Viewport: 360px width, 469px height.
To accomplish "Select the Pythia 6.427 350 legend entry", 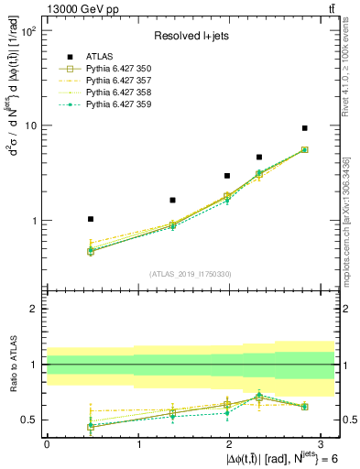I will [114, 69].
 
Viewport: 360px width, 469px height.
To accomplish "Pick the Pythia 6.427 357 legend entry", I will [114, 81].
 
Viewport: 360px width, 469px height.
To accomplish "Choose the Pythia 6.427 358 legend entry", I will [114, 93].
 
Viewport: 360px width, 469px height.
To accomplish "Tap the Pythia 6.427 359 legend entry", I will [114, 104].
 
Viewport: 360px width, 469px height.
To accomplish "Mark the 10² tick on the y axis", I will [27, 31].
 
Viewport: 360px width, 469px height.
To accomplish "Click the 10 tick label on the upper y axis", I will [29, 125].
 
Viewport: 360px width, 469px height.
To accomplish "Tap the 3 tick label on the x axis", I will [322, 443].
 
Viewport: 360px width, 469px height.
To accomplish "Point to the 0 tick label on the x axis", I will [47, 443].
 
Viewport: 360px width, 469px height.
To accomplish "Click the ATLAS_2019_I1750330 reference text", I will [189, 274].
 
